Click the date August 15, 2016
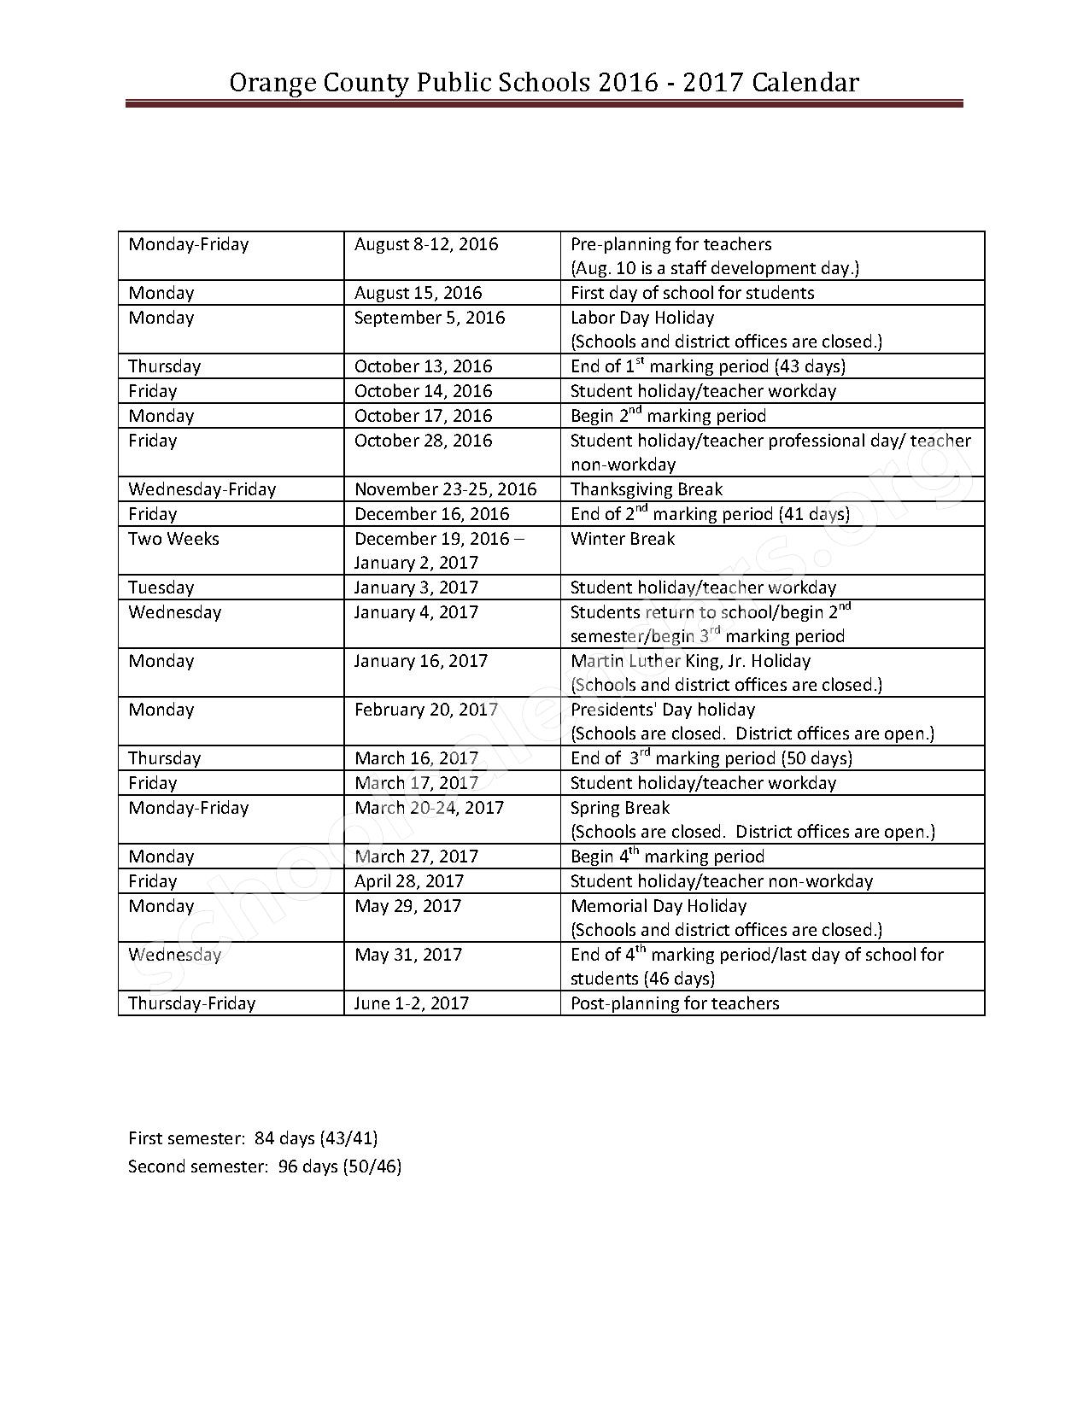tap(418, 293)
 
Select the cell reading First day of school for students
tap(692, 293)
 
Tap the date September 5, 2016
tap(430, 318)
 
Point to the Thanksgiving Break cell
tap(646, 489)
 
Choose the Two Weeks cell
tap(173, 539)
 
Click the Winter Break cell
tap(622, 539)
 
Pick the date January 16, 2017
tap(421, 661)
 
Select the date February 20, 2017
tap(425, 710)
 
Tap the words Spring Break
tap(620, 808)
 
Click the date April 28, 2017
tap(409, 881)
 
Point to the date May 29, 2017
tap(407, 906)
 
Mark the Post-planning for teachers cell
tap(675, 1003)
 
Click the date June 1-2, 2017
tap(411, 1003)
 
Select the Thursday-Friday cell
tap(191, 1003)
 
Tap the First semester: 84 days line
tap(253, 1138)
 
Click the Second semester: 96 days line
tap(265, 1166)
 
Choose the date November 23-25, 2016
tap(445, 489)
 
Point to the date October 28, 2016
tap(423, 441)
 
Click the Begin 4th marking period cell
tap(667, 857)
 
